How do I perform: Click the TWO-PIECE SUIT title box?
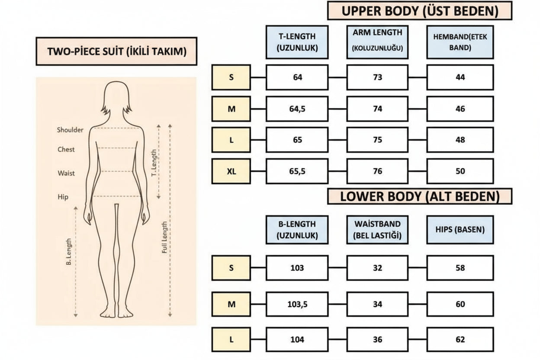point(116,51)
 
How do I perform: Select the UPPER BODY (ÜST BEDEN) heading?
point(420,11)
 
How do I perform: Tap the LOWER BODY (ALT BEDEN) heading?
point(420,196)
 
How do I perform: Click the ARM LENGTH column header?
point(377,42)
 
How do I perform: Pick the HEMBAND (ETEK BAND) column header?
point(460,42)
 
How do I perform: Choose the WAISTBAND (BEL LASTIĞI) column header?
point(377,230)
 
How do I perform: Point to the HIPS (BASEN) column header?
point(460,230)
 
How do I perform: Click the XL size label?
point(231,171)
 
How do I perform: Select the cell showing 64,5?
point(297,109)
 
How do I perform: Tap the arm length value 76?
point(377,171)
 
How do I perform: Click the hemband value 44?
point(460,77)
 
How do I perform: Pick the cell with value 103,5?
point(297,304)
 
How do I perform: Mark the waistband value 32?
point(377,268)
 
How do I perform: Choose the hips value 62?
point(460,340)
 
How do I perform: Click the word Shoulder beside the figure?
point(70,130)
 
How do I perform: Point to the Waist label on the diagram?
point(66,173)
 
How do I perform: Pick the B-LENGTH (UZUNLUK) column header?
point(297,230)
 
